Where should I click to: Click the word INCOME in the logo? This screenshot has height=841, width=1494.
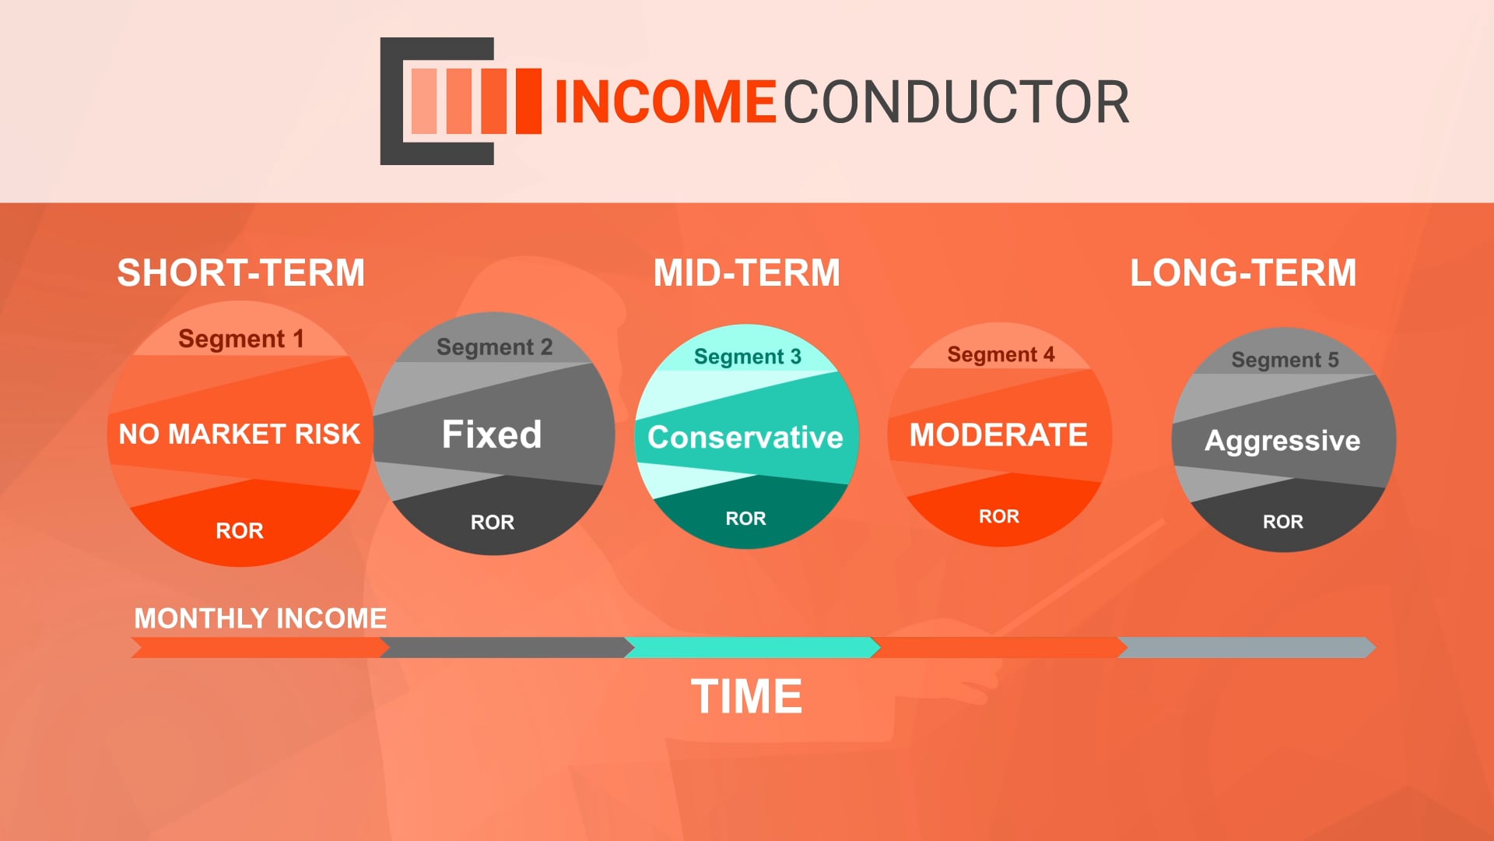[x=665, y=102]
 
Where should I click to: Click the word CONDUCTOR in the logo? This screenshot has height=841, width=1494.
[x=956, y=102]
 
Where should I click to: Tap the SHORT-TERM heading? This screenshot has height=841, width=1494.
[x=241, y=273]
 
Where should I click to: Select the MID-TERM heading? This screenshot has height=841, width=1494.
[x=747, y=273]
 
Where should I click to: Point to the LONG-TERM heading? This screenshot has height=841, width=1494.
[x=1243, y=273]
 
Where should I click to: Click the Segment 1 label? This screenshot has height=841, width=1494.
[x=241, y=339]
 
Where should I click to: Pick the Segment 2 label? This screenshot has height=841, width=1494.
[x=495, y=347]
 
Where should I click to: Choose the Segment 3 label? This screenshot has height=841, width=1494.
[x=748, y=357]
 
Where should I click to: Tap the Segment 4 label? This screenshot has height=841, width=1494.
[x=1001, y=355]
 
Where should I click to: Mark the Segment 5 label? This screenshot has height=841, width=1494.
[x=1285, y=360]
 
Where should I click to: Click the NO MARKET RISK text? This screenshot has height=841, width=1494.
[x=240, y=434]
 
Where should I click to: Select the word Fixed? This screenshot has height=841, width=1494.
[x=492, y=435]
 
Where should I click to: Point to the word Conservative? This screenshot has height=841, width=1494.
[x=745, y=438]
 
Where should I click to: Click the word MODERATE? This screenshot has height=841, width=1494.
[x=999, y=435]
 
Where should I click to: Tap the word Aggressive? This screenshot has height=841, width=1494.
[x=1283, y=442]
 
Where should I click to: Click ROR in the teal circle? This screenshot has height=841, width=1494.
[x=746, y=519]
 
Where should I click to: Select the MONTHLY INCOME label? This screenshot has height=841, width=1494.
[x=261, y=618]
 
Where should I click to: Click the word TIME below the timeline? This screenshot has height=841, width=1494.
[x=747, y=696]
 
